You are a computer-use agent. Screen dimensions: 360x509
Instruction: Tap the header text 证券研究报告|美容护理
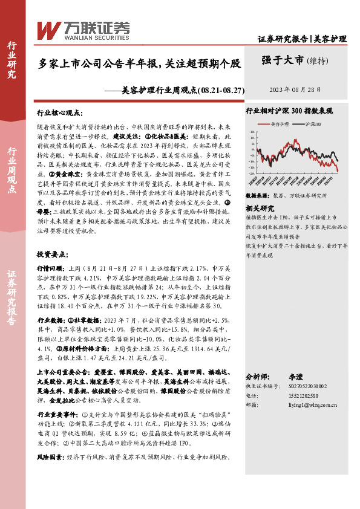pyautogui.click(x=302, y=39)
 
